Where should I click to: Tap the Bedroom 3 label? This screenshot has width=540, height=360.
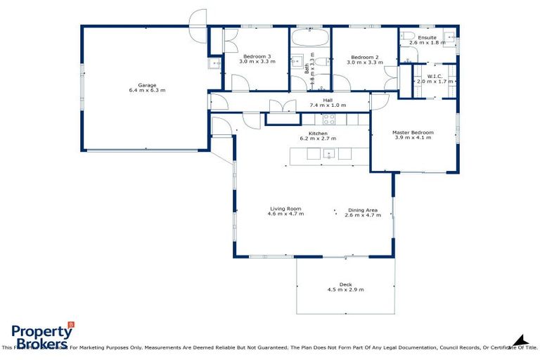pyautogui.click(x=257, y=56)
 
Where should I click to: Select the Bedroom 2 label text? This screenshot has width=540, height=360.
pyautogui.click(x=365, y=56)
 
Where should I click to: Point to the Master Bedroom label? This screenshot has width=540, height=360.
pyautogui.click(x=413, y=131)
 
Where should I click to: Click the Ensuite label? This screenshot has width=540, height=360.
pyautogui.click(x=427, y=37)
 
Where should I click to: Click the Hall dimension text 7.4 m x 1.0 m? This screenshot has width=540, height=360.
pyautogui.click(x=328, y=105)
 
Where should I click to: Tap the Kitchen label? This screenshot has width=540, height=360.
pyautogui.click(x=318, y=133)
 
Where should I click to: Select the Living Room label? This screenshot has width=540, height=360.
pyautogui.click(x=285, y=208)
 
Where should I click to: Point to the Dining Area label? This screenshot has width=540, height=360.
pyautogui.click(x=363, y=209)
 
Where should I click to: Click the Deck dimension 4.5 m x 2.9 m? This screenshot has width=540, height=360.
pyautogui.click(x=345, y=290)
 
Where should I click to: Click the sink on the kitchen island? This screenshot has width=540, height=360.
pyautogui.click(x=328, y=155)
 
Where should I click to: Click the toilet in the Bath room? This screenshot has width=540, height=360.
pyautogui.click(x=320, y=63)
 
